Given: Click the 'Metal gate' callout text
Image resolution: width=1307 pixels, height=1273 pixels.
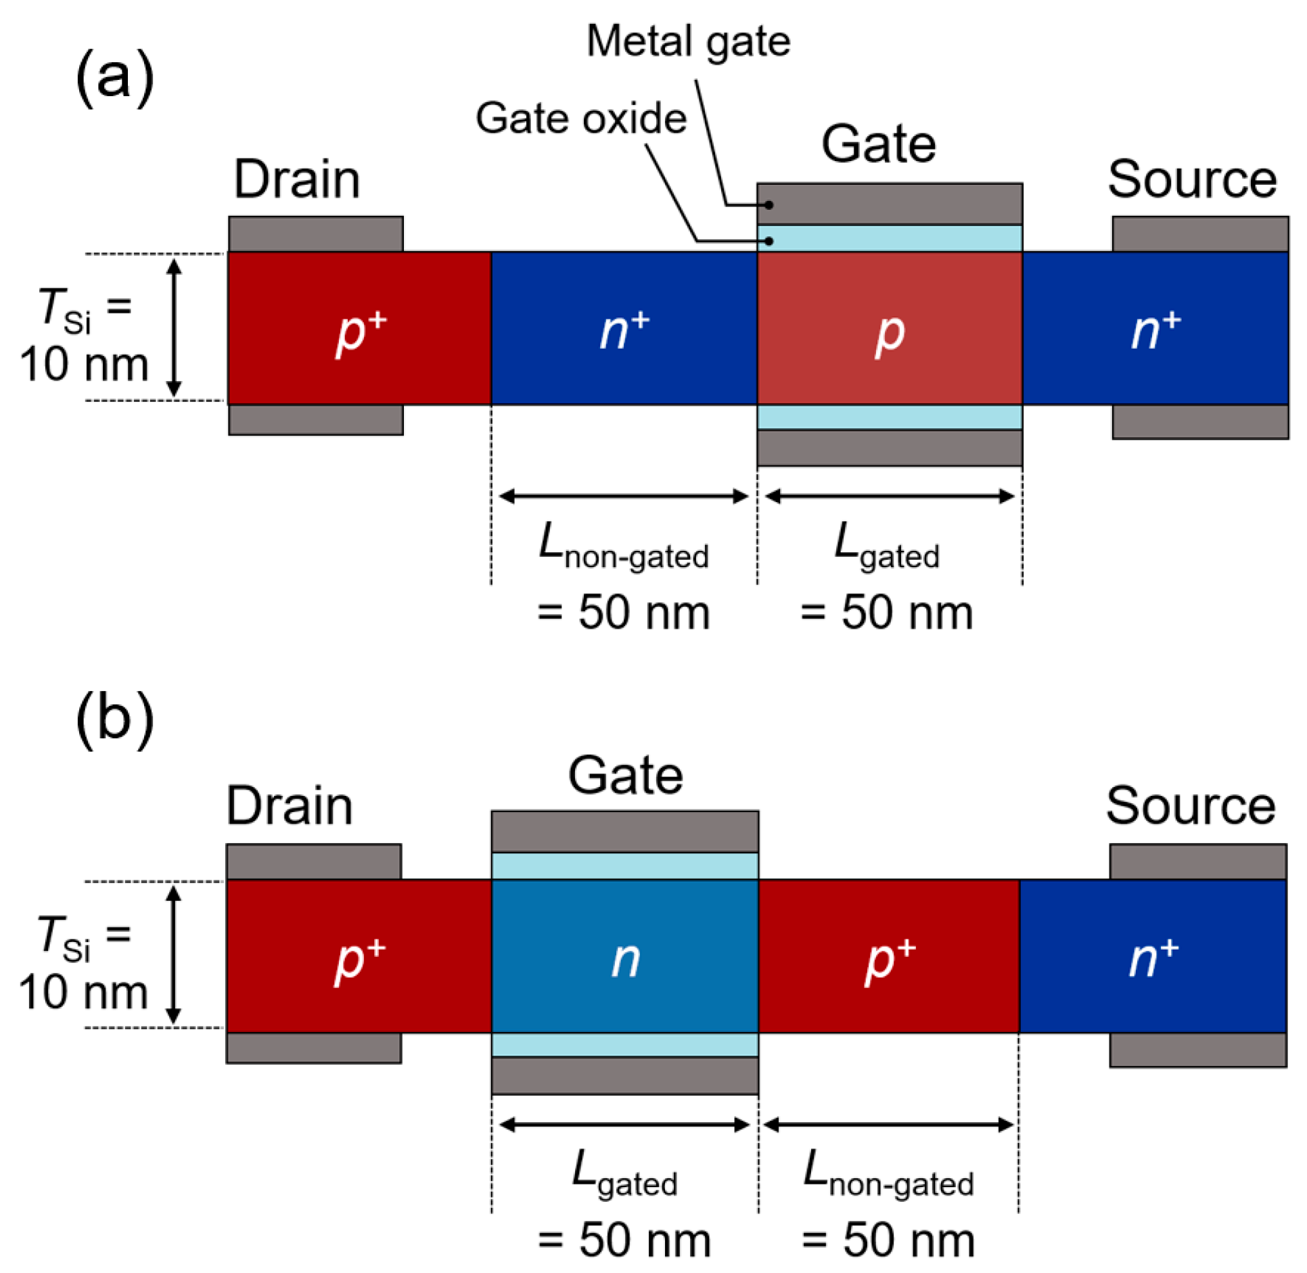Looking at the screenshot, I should point(688,42).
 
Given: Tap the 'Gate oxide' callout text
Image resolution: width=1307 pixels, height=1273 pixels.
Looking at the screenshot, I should point(580,119).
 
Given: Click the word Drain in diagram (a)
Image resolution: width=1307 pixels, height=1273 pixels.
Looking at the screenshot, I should point(296,179).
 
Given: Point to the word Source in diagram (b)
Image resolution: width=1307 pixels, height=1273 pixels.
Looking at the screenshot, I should point(1190,806).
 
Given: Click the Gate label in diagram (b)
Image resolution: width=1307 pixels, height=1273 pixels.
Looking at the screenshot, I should point(625,776).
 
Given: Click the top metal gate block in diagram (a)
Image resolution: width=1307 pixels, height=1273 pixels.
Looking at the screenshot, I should point(889,204).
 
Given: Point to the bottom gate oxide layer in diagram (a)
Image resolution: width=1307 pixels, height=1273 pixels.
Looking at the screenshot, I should point(889,417).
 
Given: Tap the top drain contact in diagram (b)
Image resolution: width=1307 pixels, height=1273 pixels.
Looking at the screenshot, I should point(314,861).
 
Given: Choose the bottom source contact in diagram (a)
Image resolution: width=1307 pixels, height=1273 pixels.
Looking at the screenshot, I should point(1199,422).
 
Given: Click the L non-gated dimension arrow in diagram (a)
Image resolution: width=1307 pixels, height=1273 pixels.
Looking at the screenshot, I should point(623,497).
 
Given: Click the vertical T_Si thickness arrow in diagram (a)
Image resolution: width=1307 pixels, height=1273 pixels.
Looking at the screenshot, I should point(174,328).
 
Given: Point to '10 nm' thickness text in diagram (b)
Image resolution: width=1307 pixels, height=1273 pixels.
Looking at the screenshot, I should point(83,993).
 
